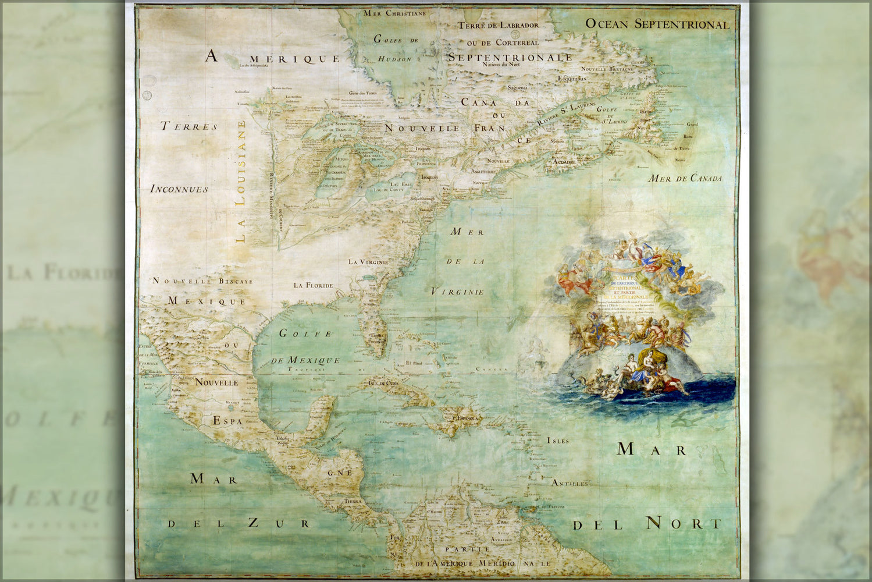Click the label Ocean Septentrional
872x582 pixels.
[657, 24]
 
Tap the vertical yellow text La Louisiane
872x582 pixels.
[241, 181]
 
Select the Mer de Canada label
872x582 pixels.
[685, 178]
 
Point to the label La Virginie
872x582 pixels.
[368, 262]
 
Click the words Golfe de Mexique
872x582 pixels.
[305, 347]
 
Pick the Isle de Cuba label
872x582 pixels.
[381, 383]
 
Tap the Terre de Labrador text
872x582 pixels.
[498, 25]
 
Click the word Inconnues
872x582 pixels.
[179, 189]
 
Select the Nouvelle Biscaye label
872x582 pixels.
[202, 281]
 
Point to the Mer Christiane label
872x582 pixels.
[394, 13]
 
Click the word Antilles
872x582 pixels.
[570, 483]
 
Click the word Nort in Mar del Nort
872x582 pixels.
[684, 523]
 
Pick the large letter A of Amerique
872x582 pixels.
[211, 56]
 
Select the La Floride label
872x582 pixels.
[313, 285]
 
